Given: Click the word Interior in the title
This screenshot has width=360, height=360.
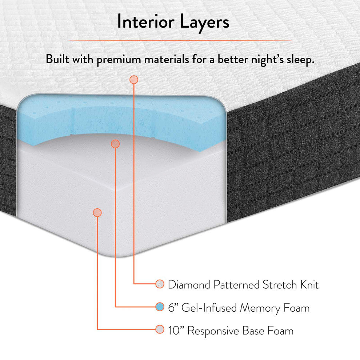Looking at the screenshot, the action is (x=146, y=21).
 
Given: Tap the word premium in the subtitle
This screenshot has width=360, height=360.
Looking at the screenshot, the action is (x=119, y=60).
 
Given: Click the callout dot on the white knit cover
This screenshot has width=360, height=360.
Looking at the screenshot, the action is (x=134, y=80).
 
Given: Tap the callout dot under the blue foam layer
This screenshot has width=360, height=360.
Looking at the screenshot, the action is (x=115, y=144).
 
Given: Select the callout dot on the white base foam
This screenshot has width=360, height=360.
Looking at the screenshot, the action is (x=97, y=213).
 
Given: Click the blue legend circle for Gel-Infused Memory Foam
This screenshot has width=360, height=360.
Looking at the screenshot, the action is (x=160, y=307).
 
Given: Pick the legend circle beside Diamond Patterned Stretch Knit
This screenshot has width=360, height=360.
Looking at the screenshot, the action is (x=160, y=284).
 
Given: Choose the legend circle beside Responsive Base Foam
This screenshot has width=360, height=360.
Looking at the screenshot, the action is (x=160, y=329).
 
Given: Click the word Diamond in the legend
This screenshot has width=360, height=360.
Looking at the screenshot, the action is (x=189, y=285).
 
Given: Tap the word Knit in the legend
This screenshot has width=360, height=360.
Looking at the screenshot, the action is (x=309, y=285).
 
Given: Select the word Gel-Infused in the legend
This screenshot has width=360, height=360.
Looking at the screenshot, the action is (x=209, y=308).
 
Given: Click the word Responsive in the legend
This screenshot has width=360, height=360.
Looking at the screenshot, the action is (x=213, y=331).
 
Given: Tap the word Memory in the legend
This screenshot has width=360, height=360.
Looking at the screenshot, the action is (x=260, y=308).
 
